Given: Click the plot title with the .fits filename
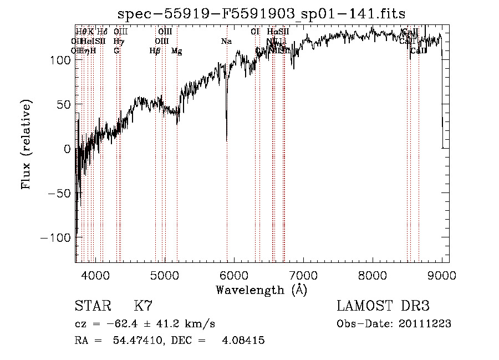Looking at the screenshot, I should point(262,14).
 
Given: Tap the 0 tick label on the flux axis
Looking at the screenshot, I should point(68,149).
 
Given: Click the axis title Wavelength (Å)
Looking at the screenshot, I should point(262,290).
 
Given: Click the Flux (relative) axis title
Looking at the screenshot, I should point(26,144).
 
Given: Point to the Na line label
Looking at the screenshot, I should point(226,42).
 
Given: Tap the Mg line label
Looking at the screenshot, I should point(176,51).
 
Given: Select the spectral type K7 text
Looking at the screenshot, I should point(143,306).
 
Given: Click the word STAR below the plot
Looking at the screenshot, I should point(92,306).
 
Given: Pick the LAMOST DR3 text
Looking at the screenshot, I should point(383,306).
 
